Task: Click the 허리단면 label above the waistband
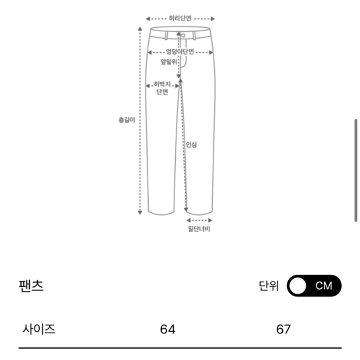[x=180, y=18]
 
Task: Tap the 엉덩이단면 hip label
[x=180, y=51]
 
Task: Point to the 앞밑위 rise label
[x=168, y=62]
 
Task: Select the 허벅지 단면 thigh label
[x=162, y=88]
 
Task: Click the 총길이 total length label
[x=127, y=120]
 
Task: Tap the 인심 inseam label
[x=191, y=145]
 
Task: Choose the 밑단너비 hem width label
[x=199, y=229]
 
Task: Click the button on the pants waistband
[x=183, y=35]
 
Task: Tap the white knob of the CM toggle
[x=298, y=286]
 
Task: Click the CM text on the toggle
[x=324, y=286]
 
